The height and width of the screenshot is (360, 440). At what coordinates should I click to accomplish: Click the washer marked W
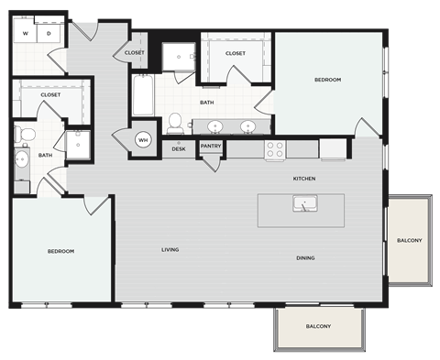pyautogui.click(x=26, y=33)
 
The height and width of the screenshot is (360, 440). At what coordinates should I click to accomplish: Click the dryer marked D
pyautogui.click(x=49, y=33)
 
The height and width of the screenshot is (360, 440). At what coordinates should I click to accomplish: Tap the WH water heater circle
pyautogui.click(x=144, y=140)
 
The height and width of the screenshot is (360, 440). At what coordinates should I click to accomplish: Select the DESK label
pyautogui.click(x=179, y=147)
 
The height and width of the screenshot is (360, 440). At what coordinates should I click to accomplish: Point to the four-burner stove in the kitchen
pyautogui.click(x=275, y=148)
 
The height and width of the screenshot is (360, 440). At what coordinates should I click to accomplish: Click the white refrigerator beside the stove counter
pyautogui.click(x=333, y=147)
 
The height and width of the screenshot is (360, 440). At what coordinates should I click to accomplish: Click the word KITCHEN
pyautogui.click(x=304, y=178)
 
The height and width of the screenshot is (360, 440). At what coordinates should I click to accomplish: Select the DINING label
pyautogui.click(x=305, y=258)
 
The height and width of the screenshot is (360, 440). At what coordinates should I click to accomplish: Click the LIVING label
pyautogui.click(x=170, y=249)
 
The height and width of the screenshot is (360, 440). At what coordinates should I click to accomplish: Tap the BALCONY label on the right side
pyautogui.click(x=410, y=241)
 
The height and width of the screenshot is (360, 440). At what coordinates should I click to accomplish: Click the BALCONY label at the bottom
pyautogui.click(x=318, y=326)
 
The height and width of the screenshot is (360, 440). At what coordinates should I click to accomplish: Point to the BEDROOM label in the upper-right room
pyautogui.click(x=327, y=81)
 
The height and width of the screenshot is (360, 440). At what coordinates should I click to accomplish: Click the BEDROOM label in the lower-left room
pyautogui.click(x=60, y=251)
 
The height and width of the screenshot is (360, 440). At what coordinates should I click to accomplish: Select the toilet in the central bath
pyautogui.click(x=174, y=122)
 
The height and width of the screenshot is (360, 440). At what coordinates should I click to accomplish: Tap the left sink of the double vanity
pyautogui.click(x=216, y=126)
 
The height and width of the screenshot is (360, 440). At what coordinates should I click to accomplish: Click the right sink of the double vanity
pyautogui.click(x=247, y=126)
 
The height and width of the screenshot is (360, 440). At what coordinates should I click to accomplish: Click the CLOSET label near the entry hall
pyautogui.click(x=133, y=53)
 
